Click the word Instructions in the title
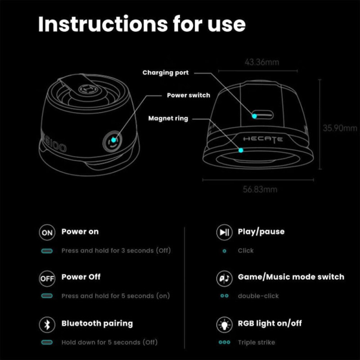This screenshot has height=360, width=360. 103,24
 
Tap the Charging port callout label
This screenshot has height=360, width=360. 165,73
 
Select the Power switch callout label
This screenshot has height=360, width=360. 188,95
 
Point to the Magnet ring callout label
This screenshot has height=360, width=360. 168,119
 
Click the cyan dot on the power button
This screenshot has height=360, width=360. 113,140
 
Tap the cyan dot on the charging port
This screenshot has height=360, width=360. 254,116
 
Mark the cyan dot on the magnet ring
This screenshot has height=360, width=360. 241,150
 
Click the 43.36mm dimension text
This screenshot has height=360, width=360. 262,62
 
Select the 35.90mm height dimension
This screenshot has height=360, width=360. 340,128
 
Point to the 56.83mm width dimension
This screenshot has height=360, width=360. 260,190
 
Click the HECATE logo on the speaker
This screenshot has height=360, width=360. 263,139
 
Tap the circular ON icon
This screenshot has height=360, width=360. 47,232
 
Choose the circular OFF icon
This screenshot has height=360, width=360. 47,278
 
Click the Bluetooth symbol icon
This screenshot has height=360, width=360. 47,325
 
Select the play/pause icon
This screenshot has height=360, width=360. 224,232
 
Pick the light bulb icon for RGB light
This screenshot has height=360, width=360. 224,325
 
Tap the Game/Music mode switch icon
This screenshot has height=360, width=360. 224,278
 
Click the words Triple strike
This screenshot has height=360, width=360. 256,342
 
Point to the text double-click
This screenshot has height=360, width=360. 258,296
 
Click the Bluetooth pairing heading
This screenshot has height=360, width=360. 97,324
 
